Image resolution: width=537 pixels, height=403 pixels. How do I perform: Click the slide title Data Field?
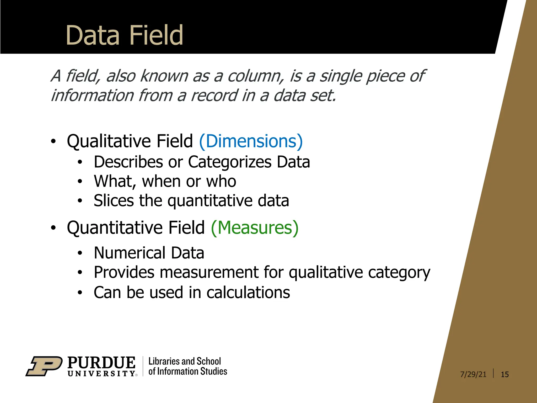124,35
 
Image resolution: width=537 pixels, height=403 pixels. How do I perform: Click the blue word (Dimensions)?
251,141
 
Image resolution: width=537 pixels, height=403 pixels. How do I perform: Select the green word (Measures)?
255,227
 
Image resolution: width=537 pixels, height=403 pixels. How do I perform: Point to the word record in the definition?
214,96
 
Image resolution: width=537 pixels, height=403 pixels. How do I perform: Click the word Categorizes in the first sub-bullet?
230,162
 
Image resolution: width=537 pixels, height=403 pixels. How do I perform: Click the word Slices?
114,201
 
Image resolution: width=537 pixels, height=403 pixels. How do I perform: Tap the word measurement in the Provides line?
209,272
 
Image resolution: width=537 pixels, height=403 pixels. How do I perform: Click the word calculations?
248,293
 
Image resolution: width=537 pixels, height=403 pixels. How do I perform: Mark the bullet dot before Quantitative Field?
53,228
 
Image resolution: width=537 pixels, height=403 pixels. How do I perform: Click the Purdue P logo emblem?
44,366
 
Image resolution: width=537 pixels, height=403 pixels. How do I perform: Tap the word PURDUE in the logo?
101,363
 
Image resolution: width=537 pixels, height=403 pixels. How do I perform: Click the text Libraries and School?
185,361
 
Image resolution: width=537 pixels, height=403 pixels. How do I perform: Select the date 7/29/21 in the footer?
473,374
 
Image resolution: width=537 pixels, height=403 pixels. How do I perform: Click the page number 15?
504,374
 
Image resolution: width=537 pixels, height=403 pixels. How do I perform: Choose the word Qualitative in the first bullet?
109,141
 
